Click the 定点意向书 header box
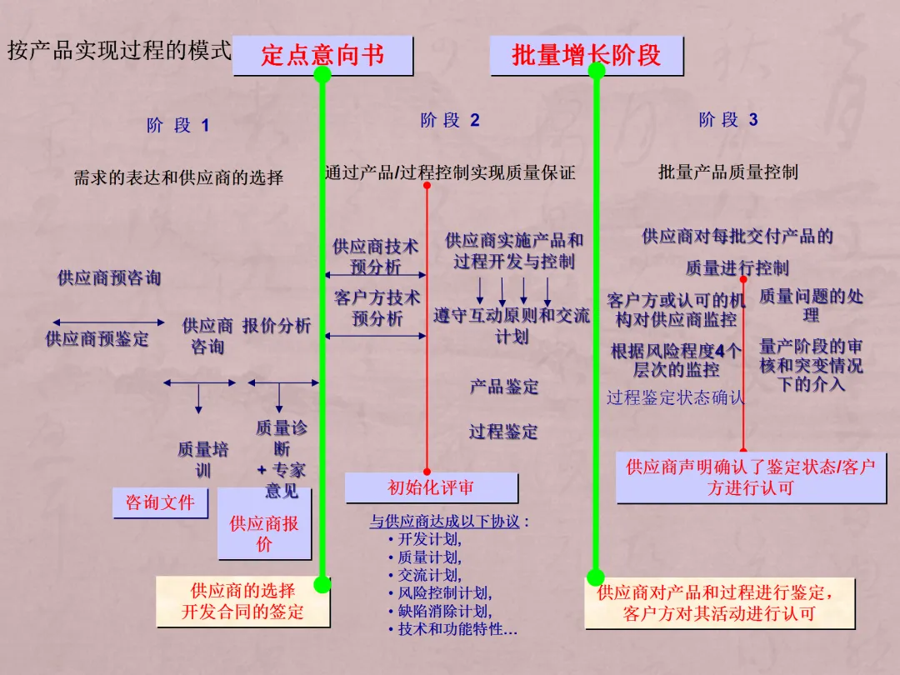(322, 55)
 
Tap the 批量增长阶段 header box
(586, 55)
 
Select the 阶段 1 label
(177, 126)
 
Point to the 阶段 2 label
(450, 120)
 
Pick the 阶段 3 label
(728, 120)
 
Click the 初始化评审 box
(430, 487)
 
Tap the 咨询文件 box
(160, 502)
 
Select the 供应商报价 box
(263, 534)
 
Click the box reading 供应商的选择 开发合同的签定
(242, 602)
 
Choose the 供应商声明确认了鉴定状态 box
(750, 477)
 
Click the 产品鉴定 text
(503, 387)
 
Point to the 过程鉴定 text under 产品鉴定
(503, 432)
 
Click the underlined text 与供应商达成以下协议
(445, 522)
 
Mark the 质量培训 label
(202, 459)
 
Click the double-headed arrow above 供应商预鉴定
(108, 322)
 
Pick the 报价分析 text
(277, 326)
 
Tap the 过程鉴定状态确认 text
(675, 397)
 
